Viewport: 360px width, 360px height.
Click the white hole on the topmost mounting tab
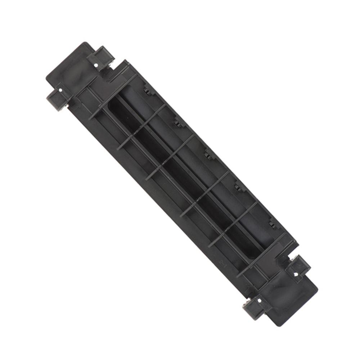click(x=97, y=65)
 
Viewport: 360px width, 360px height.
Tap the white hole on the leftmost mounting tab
click(x=60, y=89)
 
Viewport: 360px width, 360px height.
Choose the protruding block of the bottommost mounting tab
click(x=252, y=310)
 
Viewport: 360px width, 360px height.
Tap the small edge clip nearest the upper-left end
click(x=148, y=90)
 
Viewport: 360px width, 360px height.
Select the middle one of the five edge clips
click(x=208, y=154)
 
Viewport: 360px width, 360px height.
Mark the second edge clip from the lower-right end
click(x=238, y=186)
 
